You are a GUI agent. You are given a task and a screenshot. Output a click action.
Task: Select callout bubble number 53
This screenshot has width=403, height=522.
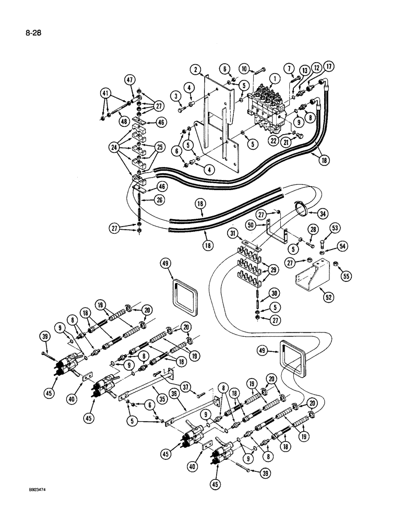tap(334, 227)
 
